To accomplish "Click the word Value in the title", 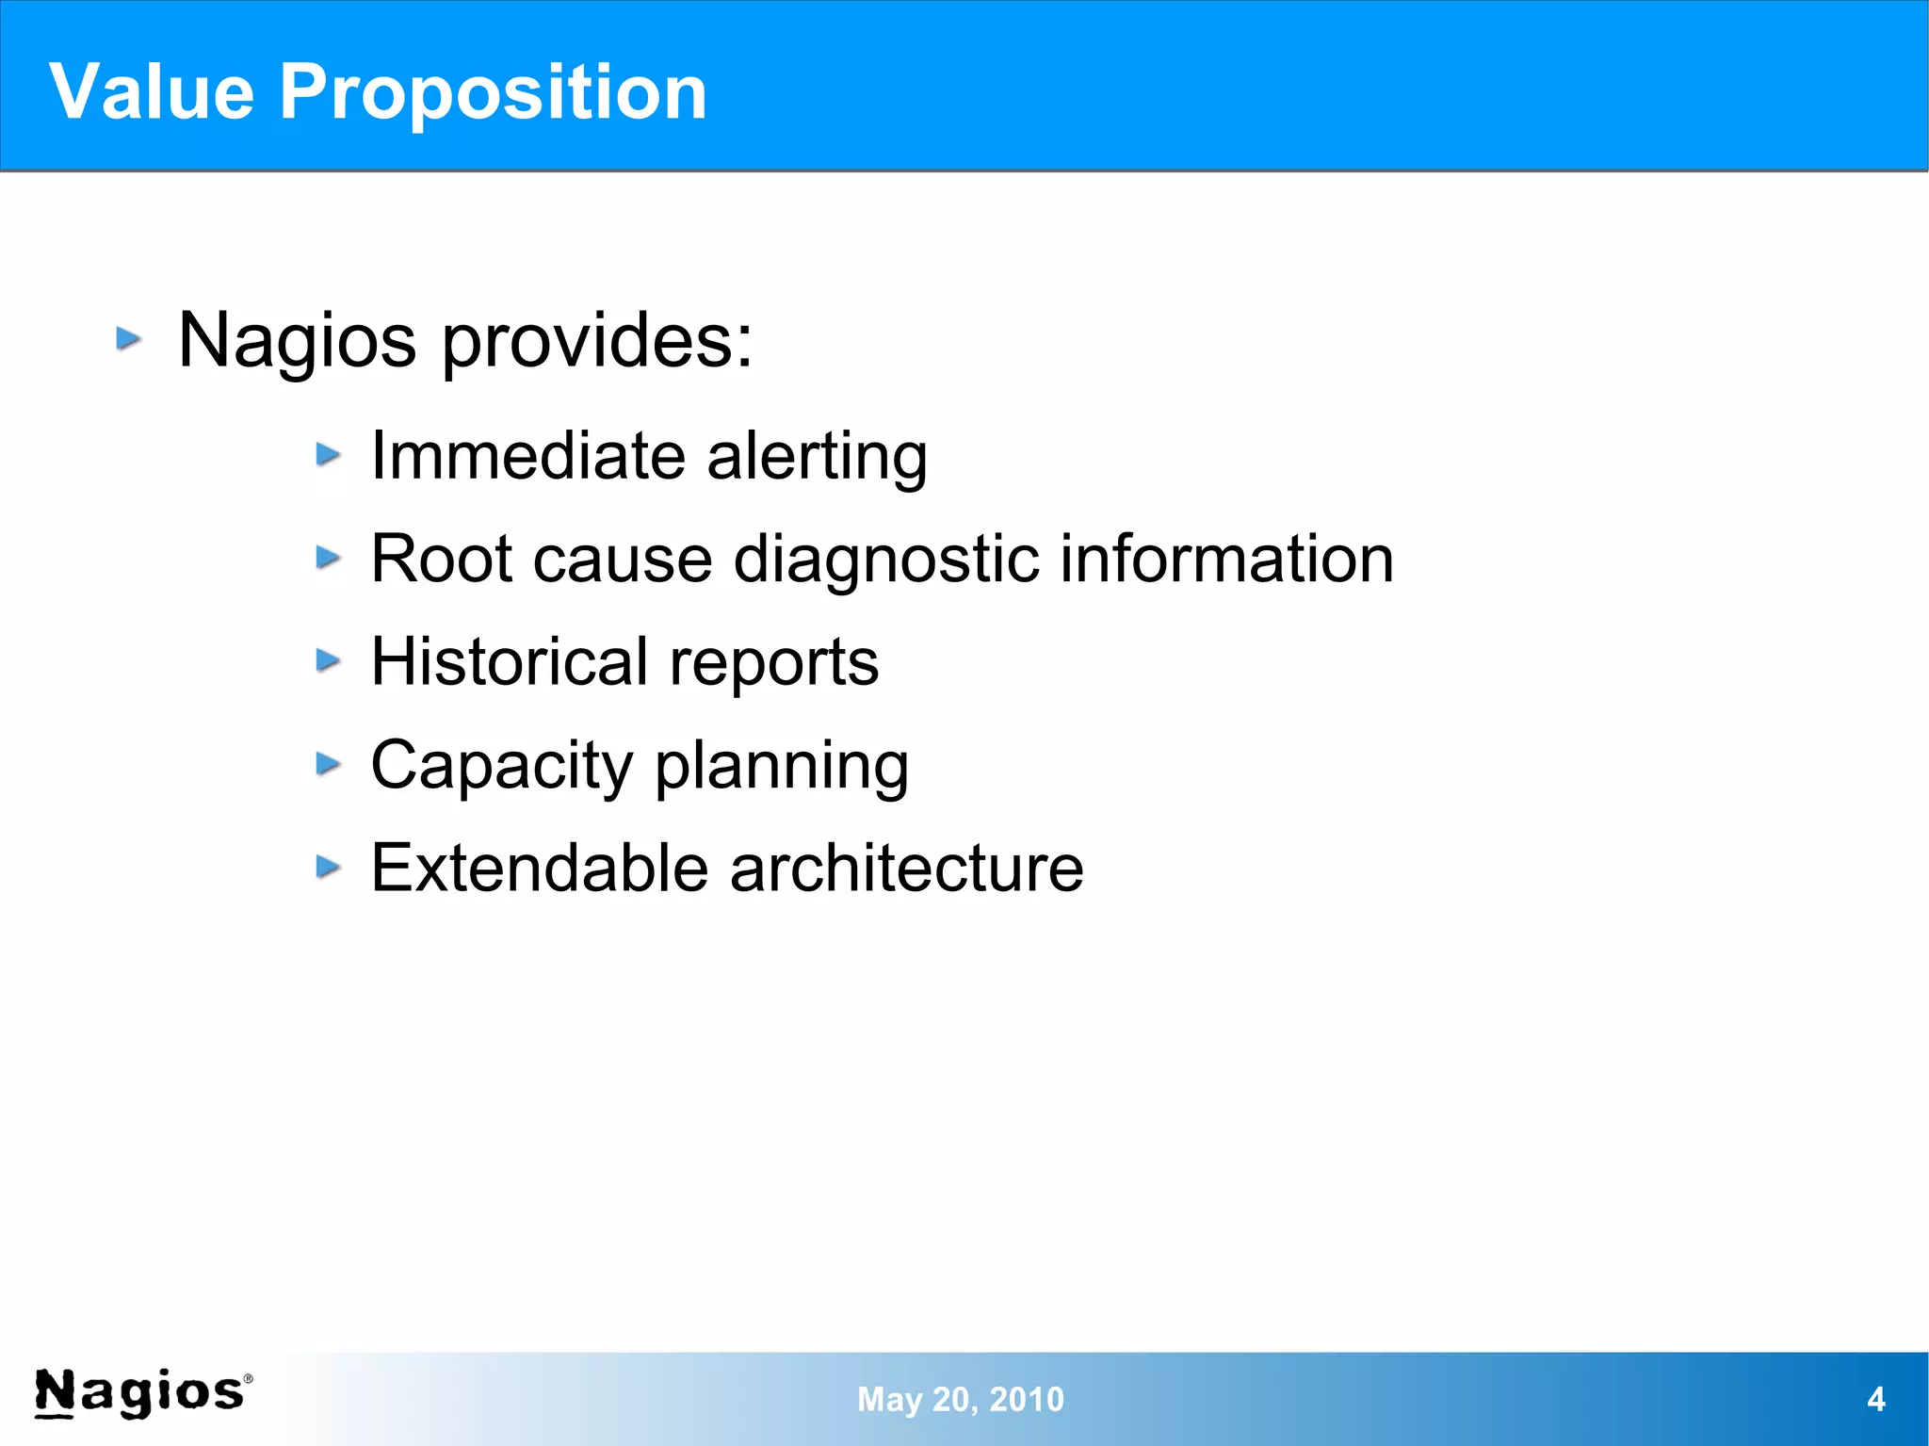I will point(152,91).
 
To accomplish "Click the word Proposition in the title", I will point(493,93).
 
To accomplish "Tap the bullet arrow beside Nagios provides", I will point(129,338).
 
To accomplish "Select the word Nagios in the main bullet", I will point(297,341).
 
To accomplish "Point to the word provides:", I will point(597,341).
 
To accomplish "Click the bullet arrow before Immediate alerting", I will point(328,456).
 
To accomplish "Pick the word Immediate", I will point(527,456).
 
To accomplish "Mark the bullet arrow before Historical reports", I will point(328,660).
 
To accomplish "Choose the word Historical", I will point(509,661).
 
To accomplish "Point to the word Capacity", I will point(501,766).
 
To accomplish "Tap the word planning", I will point(782,766).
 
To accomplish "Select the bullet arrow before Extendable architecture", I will point(328,867).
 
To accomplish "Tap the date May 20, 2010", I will point(960,1399).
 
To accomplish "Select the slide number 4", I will point(1875,1399).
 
